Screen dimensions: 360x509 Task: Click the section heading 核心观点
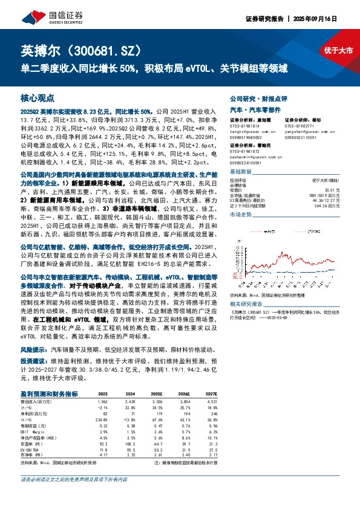pyautogui.click(x=38, y=98)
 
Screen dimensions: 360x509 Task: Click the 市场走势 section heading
pyautogui.click(x=241, y=215)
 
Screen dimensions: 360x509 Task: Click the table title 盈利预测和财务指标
pyautogui.click(x=50, y=393)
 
